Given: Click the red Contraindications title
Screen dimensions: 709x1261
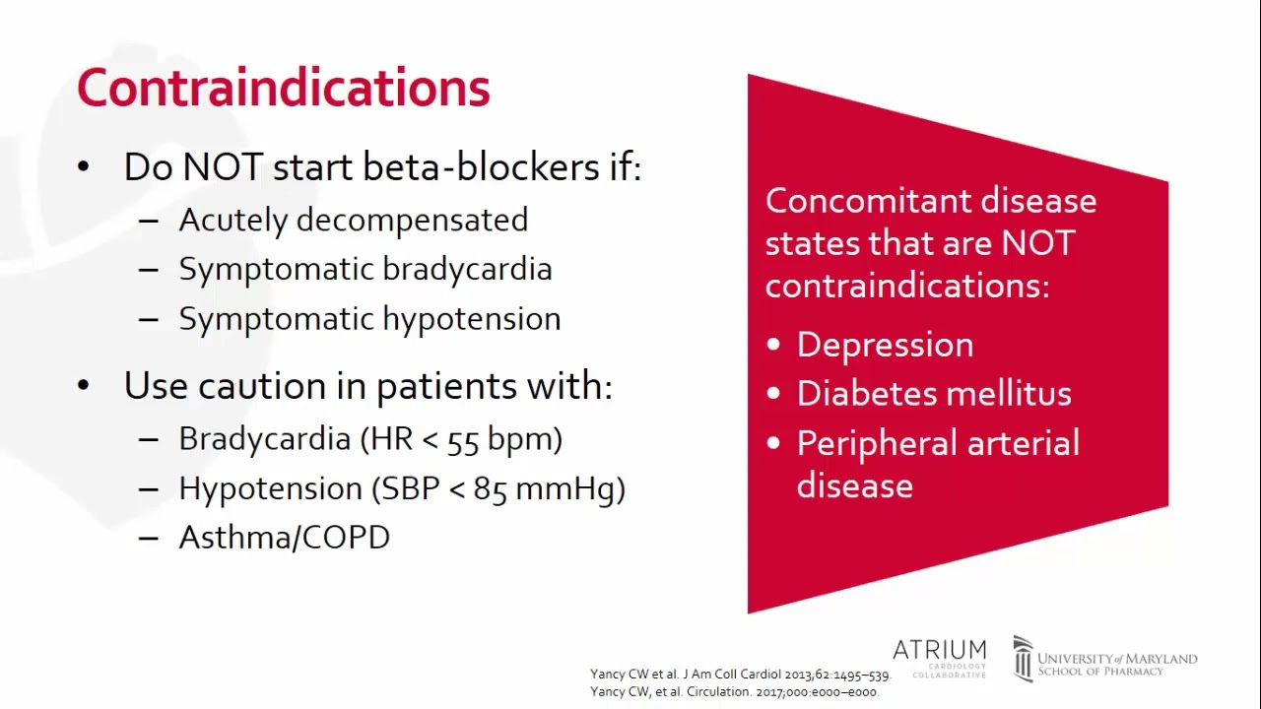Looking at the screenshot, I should pyautogui.click(x=283, y=89).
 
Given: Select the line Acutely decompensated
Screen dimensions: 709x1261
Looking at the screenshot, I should pyautogui.click(x=353, y=220).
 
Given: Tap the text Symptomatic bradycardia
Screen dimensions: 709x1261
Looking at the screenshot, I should pyautogui.click(x=365, y=269).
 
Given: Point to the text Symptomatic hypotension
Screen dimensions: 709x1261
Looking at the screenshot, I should pyautogui.click(x=369, y=319).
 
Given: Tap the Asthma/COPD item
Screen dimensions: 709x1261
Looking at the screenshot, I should pyautogui.click(x=284, y=538).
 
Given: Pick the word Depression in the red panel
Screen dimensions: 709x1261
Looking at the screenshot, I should pyautogui.click(x=885, y=345).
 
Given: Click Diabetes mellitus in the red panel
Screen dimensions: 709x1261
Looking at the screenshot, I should pyautogui.click(x=933, y=394).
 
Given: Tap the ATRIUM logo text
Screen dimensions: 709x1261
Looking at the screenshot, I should pyautogui.click(x=939, y=651).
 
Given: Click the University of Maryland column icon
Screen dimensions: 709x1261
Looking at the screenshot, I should pyautogui.click(x=1023, y=658).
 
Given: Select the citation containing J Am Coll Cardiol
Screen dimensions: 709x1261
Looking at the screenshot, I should pyautogui.click(x=739, y=675).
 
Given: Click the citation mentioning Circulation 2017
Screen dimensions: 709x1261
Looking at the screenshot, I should pyautogui.click(x=733, y=691).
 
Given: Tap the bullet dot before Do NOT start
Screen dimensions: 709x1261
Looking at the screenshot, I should pyautogui.click(x=83, y=167).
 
